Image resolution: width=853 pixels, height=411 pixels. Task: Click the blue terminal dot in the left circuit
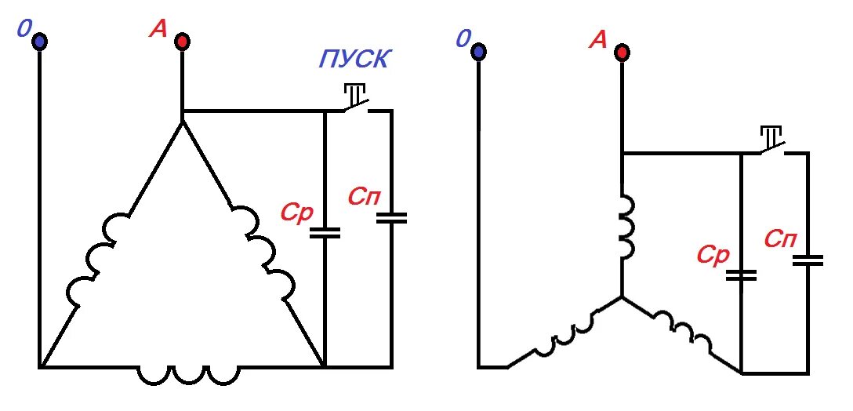38,41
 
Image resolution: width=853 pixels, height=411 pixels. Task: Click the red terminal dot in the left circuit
181,41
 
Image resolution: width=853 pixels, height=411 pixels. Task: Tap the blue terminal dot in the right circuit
477,52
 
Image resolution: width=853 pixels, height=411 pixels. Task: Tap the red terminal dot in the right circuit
621,53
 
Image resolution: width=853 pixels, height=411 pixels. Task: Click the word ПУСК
354,60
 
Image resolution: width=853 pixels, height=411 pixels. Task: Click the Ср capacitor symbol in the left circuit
325,232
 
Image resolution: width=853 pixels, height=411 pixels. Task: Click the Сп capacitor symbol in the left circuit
391,218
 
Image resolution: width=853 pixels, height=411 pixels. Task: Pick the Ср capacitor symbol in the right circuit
741,275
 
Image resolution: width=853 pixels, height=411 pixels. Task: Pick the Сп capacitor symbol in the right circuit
808,260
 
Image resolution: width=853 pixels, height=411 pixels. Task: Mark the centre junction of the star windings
621,297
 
